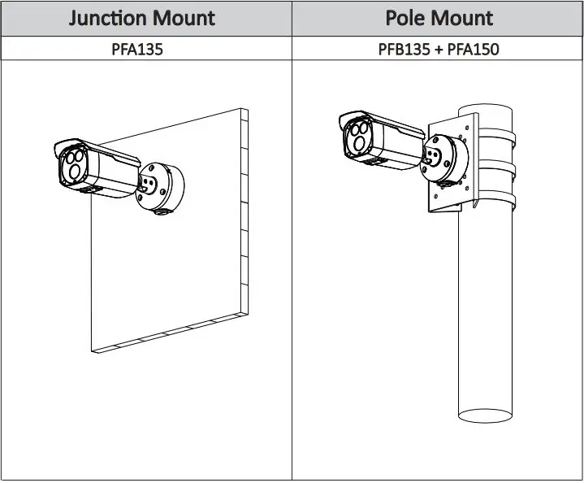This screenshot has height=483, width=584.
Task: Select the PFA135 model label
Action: click(x=137, y=49)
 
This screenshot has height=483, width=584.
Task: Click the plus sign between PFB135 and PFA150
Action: click(x=439, y=49)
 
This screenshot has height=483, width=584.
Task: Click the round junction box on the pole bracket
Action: click(x=444, y=157)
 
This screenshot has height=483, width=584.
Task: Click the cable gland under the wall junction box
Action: click(x=160, y=213)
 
